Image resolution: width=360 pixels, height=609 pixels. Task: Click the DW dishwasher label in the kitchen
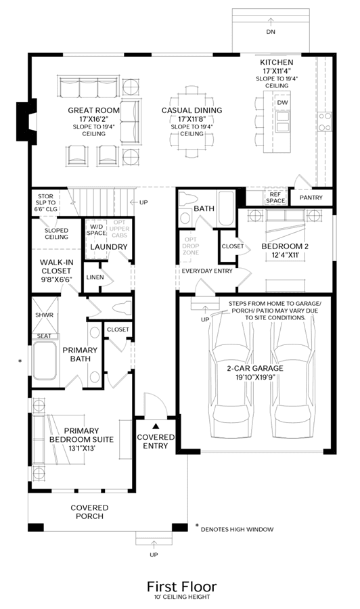click(283, 103)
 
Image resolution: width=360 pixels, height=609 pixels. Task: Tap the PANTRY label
click(311, 198)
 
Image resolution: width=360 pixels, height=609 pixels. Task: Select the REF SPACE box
click(275, 198)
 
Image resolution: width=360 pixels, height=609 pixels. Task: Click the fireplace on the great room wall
click(27, 120)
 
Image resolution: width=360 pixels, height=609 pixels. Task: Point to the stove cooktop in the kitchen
click(325, 121)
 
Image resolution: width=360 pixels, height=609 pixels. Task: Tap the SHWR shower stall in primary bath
click(44, 315)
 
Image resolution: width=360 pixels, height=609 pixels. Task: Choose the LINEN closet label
click(95, 277)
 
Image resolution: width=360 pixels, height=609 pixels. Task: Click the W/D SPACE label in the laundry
click(96, 229)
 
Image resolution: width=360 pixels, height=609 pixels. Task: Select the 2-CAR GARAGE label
click(255, 372)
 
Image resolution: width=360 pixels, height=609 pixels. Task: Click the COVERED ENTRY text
click(156, 442)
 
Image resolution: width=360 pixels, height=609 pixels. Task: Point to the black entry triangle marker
click(156, 426)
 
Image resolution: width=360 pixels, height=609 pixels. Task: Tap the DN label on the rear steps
click(271, 32)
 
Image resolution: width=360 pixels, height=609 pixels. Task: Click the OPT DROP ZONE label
click(191, 246)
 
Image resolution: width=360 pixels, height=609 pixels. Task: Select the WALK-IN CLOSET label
click(56, 271)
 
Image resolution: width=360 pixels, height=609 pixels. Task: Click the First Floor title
click(182, 586)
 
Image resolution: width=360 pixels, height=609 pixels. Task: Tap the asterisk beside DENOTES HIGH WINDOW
click(197, 526)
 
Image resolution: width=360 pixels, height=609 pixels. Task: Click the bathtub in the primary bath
click(45, 361)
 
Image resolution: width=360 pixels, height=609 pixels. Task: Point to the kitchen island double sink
click(283, 122)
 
